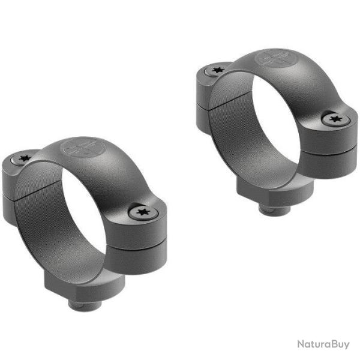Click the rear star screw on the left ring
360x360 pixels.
click(x=23, y=159)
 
